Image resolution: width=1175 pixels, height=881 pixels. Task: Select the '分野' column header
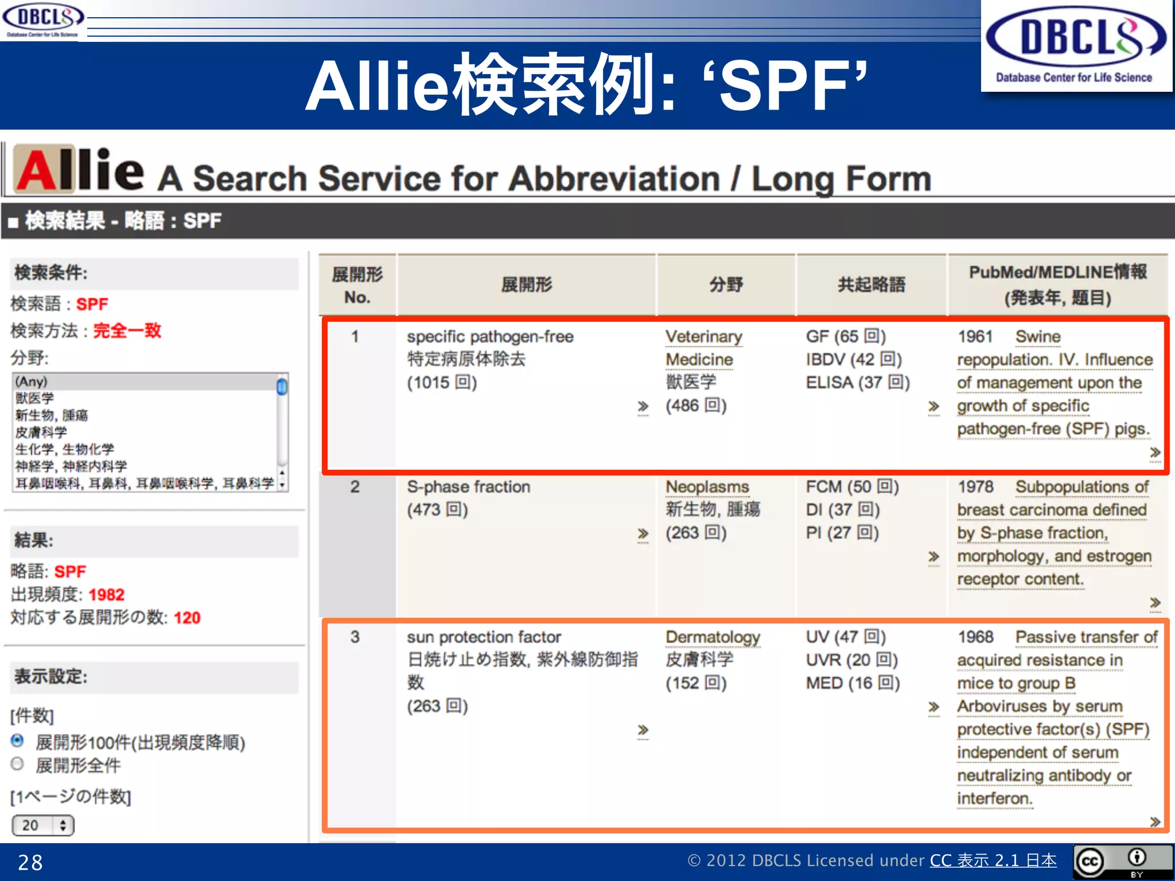726,284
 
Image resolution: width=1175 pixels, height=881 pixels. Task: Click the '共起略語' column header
871,284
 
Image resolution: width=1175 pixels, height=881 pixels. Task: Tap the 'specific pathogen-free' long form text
490,337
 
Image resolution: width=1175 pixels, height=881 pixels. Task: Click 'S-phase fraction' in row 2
468,487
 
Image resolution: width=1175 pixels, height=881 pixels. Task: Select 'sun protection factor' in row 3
484,637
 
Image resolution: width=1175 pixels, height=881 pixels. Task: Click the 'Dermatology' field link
713,637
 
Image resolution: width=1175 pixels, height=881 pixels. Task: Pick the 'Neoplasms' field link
707,487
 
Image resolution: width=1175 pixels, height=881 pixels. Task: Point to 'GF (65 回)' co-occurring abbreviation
845,337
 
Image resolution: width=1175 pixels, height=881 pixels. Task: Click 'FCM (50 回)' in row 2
851,487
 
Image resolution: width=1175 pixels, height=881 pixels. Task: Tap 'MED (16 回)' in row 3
852,683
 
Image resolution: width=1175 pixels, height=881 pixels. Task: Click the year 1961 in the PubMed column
975,337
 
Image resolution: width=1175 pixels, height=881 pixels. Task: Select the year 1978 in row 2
975,487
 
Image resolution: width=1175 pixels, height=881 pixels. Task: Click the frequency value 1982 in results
106,595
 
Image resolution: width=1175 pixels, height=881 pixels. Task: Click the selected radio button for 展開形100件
18,740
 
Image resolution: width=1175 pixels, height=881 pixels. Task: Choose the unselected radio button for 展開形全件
18,764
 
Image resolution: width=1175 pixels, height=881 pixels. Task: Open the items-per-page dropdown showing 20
43,825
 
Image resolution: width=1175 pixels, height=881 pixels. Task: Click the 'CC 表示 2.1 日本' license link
993,860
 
